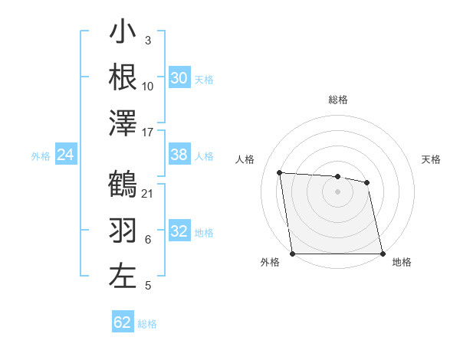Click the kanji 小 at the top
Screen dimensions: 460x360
point(123,34)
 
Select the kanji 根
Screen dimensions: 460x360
point(123,77)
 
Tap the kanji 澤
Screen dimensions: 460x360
point(123,123)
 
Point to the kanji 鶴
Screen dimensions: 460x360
point(123,185)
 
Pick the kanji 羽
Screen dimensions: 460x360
point(123,231)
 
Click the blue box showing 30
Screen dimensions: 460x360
point(179,78)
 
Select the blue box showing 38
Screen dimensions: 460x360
point(179,155)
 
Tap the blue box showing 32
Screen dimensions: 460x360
point(179,231)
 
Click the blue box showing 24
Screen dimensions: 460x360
point(66,155)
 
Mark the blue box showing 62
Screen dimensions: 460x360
point(123,322)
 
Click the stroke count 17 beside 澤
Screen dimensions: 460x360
point(148,133)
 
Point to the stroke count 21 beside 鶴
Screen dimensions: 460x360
point(148,193)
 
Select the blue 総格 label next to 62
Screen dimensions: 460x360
point(147,324)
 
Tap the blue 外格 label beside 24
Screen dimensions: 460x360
point(41,156)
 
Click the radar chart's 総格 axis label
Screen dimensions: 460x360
point(337,100)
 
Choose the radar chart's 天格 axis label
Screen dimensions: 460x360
point(432,159)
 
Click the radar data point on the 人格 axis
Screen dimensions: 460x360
point(280,172)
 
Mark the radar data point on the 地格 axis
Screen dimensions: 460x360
point(382,254)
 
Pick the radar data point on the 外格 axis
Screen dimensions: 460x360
point(293,254)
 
